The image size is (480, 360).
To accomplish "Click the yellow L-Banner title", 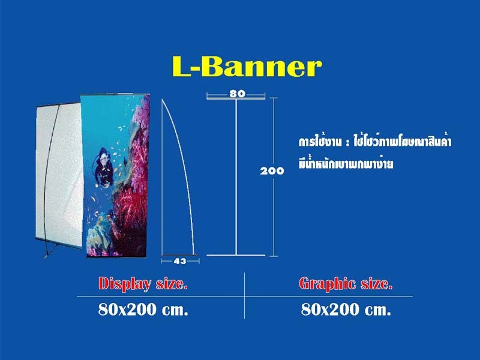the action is click(247, 66).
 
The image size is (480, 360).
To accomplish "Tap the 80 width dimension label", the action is click(237, 94).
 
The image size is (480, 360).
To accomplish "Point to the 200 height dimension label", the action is click(272, 171).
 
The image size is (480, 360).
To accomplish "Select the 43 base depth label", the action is click(179, 261).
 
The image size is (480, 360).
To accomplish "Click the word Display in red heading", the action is click(125, 284).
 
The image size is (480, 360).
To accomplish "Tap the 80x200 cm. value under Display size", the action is click(143, 310).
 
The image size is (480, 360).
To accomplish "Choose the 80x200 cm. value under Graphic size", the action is click(346, 310).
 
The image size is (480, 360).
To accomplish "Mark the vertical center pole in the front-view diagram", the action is click(236, 176).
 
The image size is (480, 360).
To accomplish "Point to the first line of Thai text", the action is click(375, 142).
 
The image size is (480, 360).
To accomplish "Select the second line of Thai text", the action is click(346, 163).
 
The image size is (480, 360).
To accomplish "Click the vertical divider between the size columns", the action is click(245, 296).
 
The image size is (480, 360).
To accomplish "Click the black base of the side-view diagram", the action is click(180, 254).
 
